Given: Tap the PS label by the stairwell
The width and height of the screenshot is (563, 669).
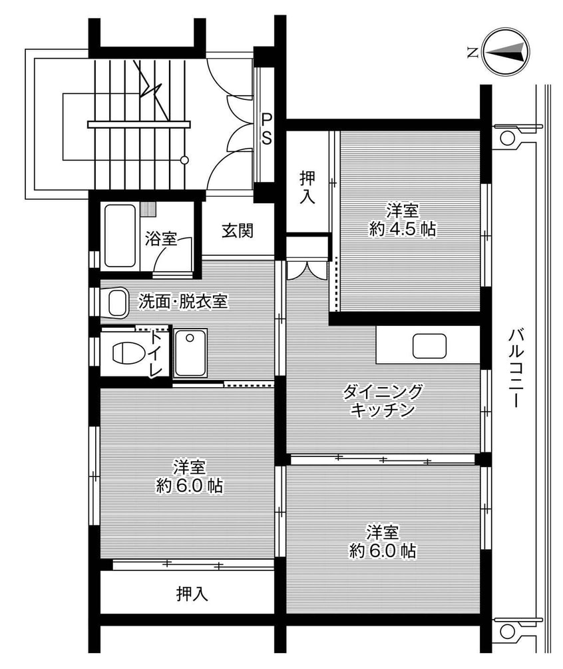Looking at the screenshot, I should (x=266, y=129).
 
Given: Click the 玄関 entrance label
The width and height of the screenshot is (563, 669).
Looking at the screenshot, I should (x=237, y=231).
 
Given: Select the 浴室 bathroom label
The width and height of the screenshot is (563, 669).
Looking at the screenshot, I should (x=160, y=238).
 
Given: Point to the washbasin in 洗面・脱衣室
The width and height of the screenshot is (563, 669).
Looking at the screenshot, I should (x=118, y=303).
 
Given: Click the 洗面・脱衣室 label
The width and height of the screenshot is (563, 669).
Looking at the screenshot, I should (x=183, y=302).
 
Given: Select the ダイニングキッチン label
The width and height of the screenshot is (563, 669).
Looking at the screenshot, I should (x=383, y=400).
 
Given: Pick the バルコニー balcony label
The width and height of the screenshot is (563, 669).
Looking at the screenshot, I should (x=514, y=367).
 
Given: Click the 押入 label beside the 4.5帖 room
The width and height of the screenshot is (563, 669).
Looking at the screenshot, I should (x=307, y=188).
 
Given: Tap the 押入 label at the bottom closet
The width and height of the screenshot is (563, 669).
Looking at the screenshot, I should (x=192, y=593).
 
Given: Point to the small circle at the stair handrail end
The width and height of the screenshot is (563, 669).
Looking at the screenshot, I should (x=184, y=160).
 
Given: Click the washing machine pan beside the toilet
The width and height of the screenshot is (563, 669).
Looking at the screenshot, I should (x=190, y=352).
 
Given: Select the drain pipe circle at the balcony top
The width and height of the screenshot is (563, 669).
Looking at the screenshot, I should (x=507, y=139).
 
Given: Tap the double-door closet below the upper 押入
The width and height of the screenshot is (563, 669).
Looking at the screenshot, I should (x=307, y=268).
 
